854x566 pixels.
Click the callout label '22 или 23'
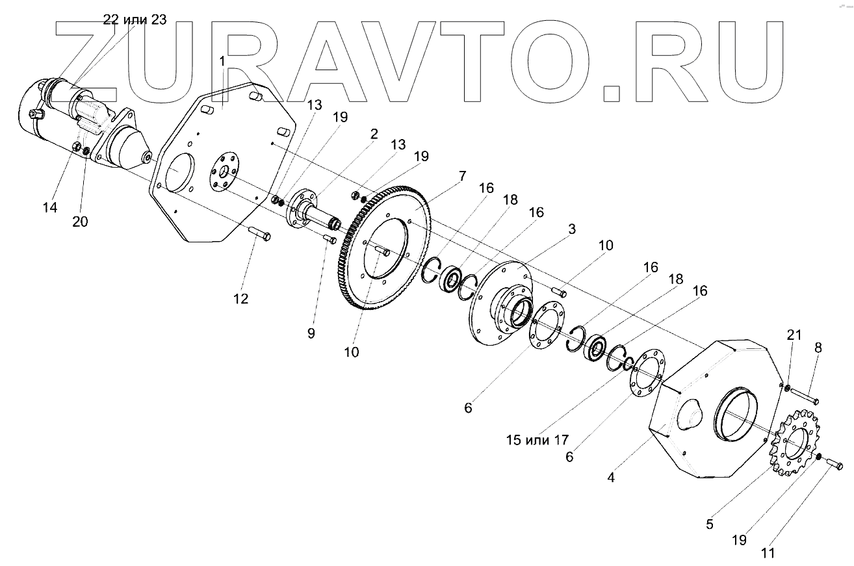(135, 19)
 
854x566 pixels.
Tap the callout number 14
(50, 208)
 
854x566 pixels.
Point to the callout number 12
(241, 299)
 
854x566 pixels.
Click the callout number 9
(311, 333)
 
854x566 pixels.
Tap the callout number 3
(572, 229)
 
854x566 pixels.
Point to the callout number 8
(818, 348)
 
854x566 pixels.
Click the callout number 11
(768, 554)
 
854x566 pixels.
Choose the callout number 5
(710, 524)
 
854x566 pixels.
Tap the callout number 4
(611, 478)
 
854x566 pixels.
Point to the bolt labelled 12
(261, 234)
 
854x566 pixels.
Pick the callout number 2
(374, 135)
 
